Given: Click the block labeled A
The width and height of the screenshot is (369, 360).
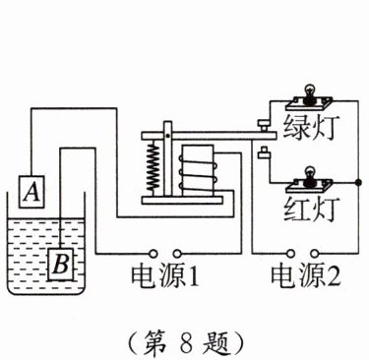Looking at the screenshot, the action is click(x=31, y=192).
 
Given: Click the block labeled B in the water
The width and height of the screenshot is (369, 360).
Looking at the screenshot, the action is click(x=61, y=265).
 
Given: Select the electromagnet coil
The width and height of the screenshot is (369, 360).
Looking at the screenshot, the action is click(x=197, y=169).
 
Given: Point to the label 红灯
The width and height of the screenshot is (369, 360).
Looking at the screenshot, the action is click(x=309, y=210).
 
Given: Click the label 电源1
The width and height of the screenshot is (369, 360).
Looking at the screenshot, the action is click(x=165, y=276).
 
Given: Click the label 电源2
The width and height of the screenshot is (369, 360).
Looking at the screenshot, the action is click(x=305, y=276).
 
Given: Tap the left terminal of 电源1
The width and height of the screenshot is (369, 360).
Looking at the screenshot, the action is click(x=153, y=253).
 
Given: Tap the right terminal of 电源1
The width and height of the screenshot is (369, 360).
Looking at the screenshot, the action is click(x=177, y=253).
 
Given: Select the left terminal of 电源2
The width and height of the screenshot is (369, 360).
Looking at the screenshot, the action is click(x=290, y=253).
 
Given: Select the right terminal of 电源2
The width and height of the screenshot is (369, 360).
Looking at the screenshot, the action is click(x=315, y=253).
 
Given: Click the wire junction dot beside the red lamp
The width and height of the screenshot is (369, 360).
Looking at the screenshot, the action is click(x=358, y=182).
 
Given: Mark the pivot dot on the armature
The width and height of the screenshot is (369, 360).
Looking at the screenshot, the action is click(x=167, y=136).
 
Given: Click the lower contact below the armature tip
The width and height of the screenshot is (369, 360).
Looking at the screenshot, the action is click(x=264, y=152).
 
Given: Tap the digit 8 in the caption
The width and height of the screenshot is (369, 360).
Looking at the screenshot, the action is click(x=184, y=342).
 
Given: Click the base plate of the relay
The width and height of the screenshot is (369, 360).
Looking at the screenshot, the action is click(x=182, y=200).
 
